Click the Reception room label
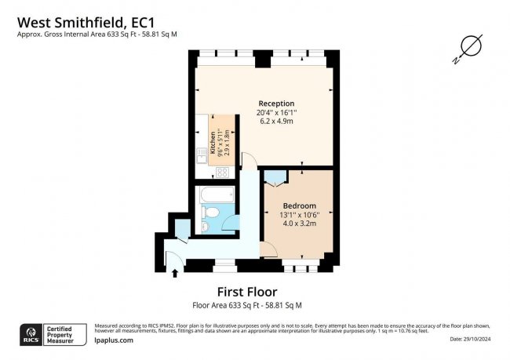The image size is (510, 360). tap(276, 104)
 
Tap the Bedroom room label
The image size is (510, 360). tap(300, 205)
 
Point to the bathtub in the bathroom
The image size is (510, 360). tap(216, 194)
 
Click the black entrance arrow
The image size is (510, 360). tap(174, 273)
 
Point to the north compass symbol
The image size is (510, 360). tap(469, 47)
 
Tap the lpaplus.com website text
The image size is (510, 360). tap(113, 340)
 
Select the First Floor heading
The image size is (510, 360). tap(247, 293)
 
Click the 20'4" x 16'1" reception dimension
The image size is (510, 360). tap(276, 113)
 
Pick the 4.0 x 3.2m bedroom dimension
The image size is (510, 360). tap(300, 224)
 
